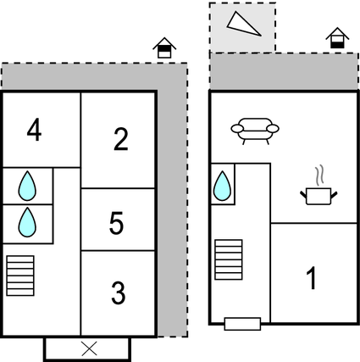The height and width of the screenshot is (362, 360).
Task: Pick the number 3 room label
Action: click(119, 293)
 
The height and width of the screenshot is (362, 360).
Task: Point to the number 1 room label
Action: click(312, 277)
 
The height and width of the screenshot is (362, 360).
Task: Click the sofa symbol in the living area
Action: click(254, 131)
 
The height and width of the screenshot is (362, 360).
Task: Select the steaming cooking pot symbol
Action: click(318, 196)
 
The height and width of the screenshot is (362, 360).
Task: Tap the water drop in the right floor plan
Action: click(223, 186)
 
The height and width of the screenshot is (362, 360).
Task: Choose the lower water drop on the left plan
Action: click(28, 221)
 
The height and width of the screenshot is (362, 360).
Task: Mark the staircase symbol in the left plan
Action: click(19, 276)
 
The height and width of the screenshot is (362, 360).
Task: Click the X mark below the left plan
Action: click(89, 348)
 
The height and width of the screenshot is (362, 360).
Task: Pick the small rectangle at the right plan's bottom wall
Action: click(242, 323)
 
